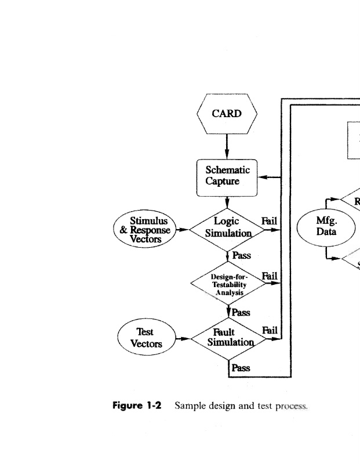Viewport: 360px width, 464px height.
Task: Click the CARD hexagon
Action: click(227, 114)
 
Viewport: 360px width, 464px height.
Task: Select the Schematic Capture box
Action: click(227, 176)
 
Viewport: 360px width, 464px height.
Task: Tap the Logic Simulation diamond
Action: click(227, 228)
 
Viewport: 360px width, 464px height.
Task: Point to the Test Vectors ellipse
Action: click(146, 338)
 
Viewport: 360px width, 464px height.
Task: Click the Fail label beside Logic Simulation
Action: click(270, 221)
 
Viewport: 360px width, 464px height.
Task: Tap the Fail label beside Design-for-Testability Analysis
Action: click(270, 276)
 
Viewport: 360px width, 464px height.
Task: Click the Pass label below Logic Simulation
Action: click(241, 255)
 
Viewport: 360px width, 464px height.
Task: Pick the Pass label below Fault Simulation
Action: click(241, 368)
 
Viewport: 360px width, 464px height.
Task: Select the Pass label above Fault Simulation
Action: click(241, 313)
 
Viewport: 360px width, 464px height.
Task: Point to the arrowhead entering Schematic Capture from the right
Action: click(262, 176)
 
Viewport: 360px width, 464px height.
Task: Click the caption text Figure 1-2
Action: click(136, 405)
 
